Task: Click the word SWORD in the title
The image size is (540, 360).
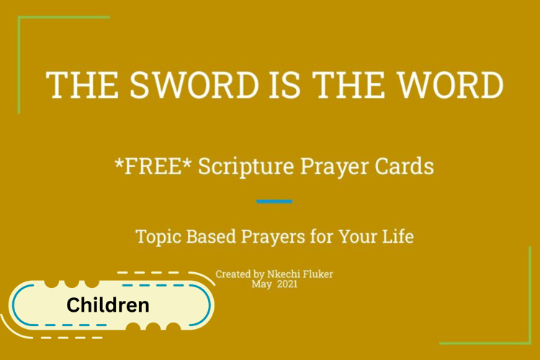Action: point(194,85)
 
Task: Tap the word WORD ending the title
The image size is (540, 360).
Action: point(451,85)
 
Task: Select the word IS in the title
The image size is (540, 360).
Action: point(284,85)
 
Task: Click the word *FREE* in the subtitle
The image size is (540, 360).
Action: point(153,166)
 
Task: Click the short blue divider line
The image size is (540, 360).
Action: point(274,202)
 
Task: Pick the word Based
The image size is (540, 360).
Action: point(211,236)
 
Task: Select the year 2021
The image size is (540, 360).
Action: point(287,284)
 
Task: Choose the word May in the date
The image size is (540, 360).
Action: point(261,285)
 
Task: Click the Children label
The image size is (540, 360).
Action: point(108,305)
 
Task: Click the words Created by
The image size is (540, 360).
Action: point(240,274)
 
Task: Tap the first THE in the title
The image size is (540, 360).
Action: point(83,85)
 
